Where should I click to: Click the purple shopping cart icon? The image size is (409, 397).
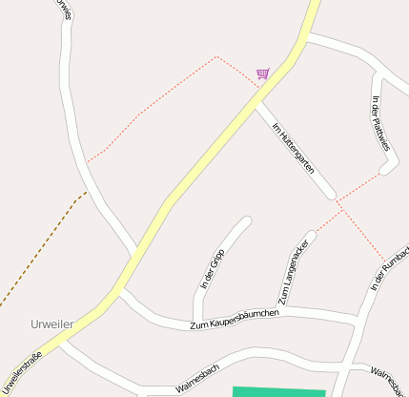262,73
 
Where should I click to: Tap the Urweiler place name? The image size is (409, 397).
51,324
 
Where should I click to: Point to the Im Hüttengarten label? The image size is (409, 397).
293,146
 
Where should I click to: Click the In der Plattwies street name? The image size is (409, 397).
380,124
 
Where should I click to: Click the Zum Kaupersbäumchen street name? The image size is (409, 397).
234,320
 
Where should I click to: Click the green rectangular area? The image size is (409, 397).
278,391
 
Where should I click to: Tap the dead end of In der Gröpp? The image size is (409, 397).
246,221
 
